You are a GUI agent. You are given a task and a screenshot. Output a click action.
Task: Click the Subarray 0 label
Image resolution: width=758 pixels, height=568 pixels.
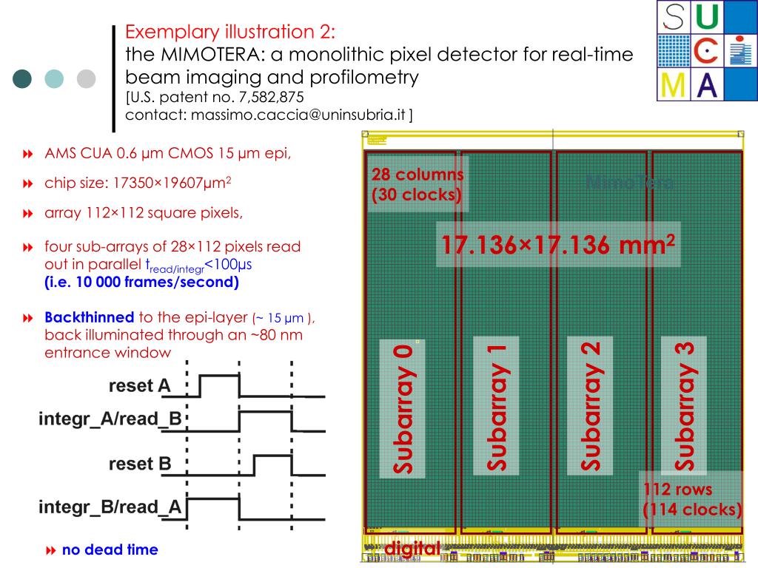point(402,408)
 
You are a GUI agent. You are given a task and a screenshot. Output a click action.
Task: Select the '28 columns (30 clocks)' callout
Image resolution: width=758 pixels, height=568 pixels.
point(417,185)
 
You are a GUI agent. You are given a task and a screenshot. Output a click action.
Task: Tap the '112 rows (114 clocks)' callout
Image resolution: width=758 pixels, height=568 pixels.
point(692,499)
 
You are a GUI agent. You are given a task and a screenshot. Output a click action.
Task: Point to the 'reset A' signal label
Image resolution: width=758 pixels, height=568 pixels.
point(140,385)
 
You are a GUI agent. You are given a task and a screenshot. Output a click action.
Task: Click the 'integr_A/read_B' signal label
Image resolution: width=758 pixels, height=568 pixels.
point(110,419)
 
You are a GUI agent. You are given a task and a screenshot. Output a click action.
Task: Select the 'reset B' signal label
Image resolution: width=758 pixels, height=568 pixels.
point(140,464)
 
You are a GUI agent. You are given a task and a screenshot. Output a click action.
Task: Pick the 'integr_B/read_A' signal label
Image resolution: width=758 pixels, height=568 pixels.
point(110,507)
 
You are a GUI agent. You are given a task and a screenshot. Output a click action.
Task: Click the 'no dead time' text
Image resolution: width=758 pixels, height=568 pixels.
point(110,550)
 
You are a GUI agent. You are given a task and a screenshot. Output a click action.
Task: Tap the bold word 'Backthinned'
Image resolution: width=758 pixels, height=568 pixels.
point(90,317)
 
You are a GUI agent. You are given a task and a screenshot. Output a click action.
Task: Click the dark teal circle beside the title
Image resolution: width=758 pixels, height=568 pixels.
point(23,79)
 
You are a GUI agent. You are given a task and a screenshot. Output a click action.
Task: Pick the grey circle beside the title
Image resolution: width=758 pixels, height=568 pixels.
point(87,79)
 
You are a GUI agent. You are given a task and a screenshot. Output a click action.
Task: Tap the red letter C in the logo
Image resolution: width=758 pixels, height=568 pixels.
point(708,50)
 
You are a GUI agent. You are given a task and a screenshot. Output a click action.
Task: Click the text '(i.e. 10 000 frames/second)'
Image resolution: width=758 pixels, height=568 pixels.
point(141,282)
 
